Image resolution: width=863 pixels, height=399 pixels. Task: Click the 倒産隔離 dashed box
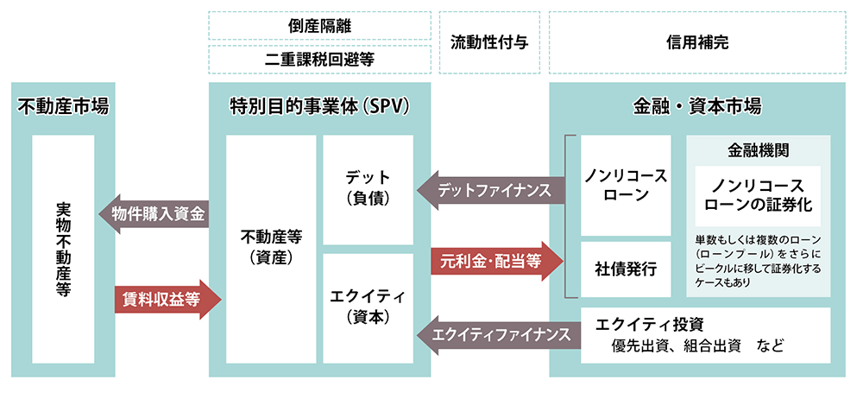[319, 26]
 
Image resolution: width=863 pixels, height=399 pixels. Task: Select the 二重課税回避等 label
[319, 60]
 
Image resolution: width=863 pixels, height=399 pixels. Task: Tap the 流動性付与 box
[489, 42]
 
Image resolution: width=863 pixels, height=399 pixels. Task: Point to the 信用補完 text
[696, 42]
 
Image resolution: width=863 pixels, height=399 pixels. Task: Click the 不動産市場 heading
[63, 107]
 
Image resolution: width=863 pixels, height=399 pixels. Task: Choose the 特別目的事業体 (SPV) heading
[319, 107]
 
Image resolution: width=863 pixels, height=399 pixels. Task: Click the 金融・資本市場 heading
[696, 107]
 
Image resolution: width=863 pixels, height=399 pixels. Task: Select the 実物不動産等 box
[63, 250]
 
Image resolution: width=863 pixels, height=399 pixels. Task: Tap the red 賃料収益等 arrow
[165, 299]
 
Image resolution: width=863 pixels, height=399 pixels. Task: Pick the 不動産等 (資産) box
[271, 246]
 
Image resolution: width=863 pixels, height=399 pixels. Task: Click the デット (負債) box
[368, 188]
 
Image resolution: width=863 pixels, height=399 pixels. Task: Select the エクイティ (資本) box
[368, 307]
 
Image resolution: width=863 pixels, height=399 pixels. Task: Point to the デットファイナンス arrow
[490, 190]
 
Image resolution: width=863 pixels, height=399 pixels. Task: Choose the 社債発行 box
[626, 269]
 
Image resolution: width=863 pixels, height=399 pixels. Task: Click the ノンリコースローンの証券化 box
[759, 197]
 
